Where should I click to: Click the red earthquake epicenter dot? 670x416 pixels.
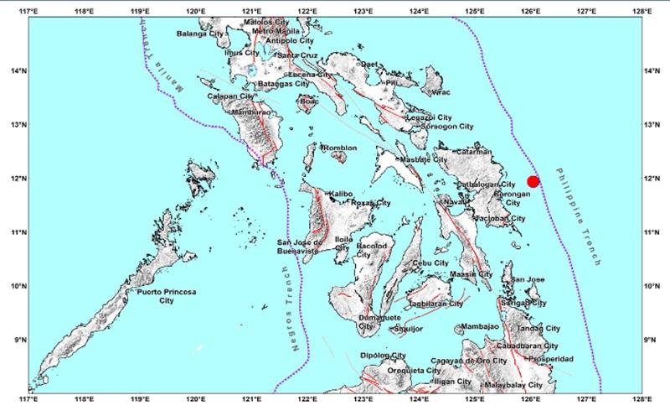533,181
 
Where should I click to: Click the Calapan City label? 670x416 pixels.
230,96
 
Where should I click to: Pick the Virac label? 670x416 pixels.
441,94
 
